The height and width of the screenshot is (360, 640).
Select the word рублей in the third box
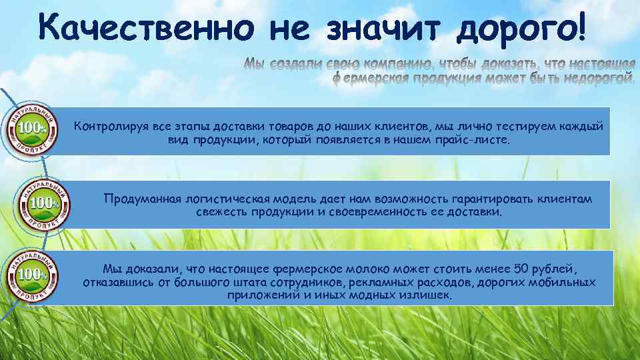coord(555,268)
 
